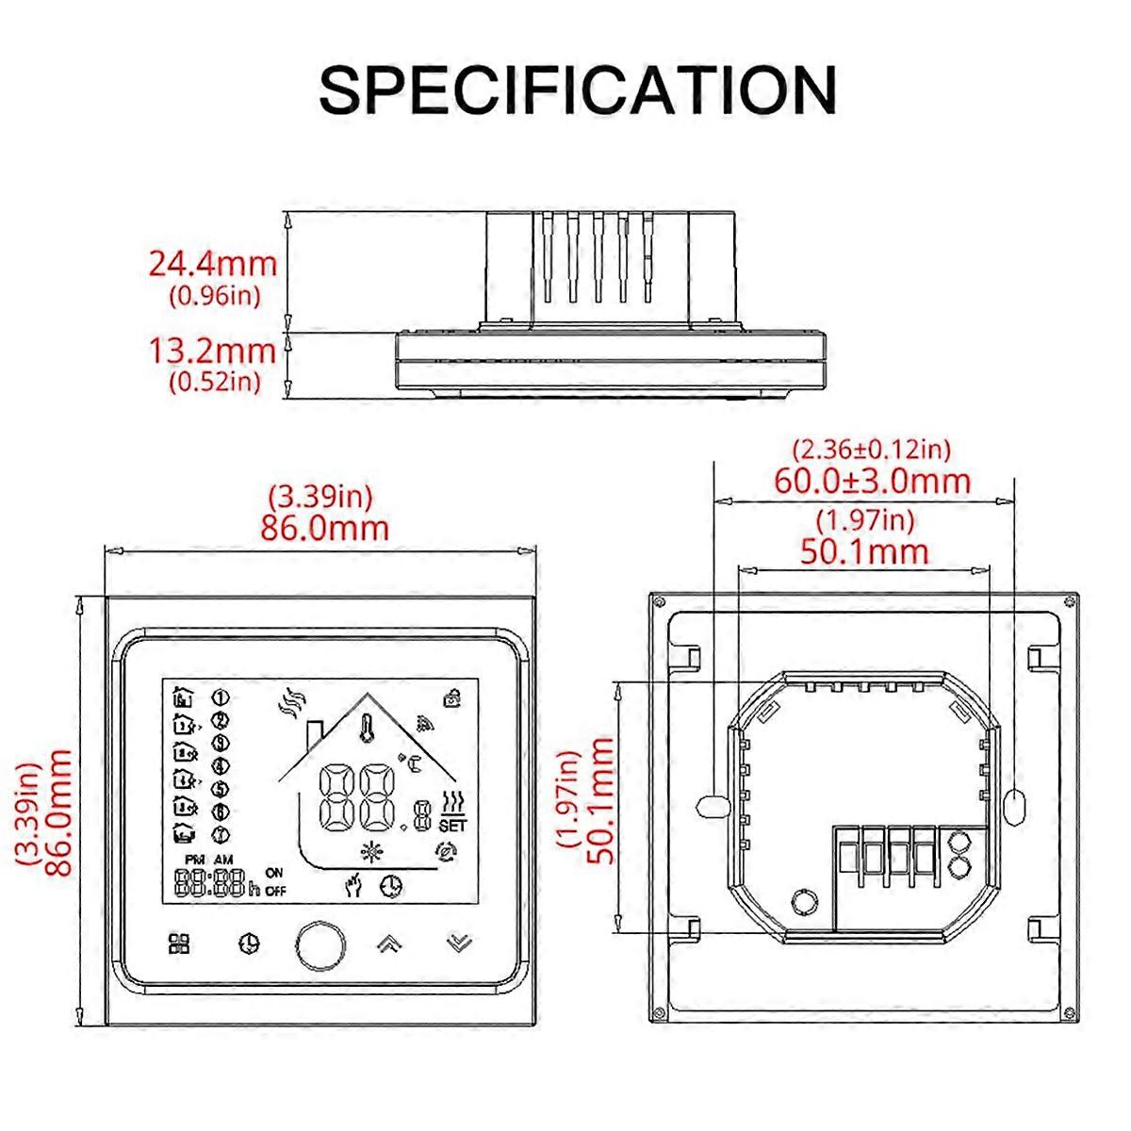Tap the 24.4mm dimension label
click(212, 264)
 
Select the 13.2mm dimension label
click(212, 351)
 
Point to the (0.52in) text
click(215, 382)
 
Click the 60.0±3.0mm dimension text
click(872, 481)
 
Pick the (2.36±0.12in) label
click(872, 450)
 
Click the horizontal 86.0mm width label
click(324, 528)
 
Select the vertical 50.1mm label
click(599, 801)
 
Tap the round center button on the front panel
click(320, 944)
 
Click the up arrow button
click(389, 943)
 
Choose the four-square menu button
click(179, 943)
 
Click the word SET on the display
click(452, 826)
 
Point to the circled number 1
click(221, 697)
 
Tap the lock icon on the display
click(451, 697)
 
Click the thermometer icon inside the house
click(368, 729)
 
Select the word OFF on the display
click(275, 892)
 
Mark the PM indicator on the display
click(194, 860)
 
